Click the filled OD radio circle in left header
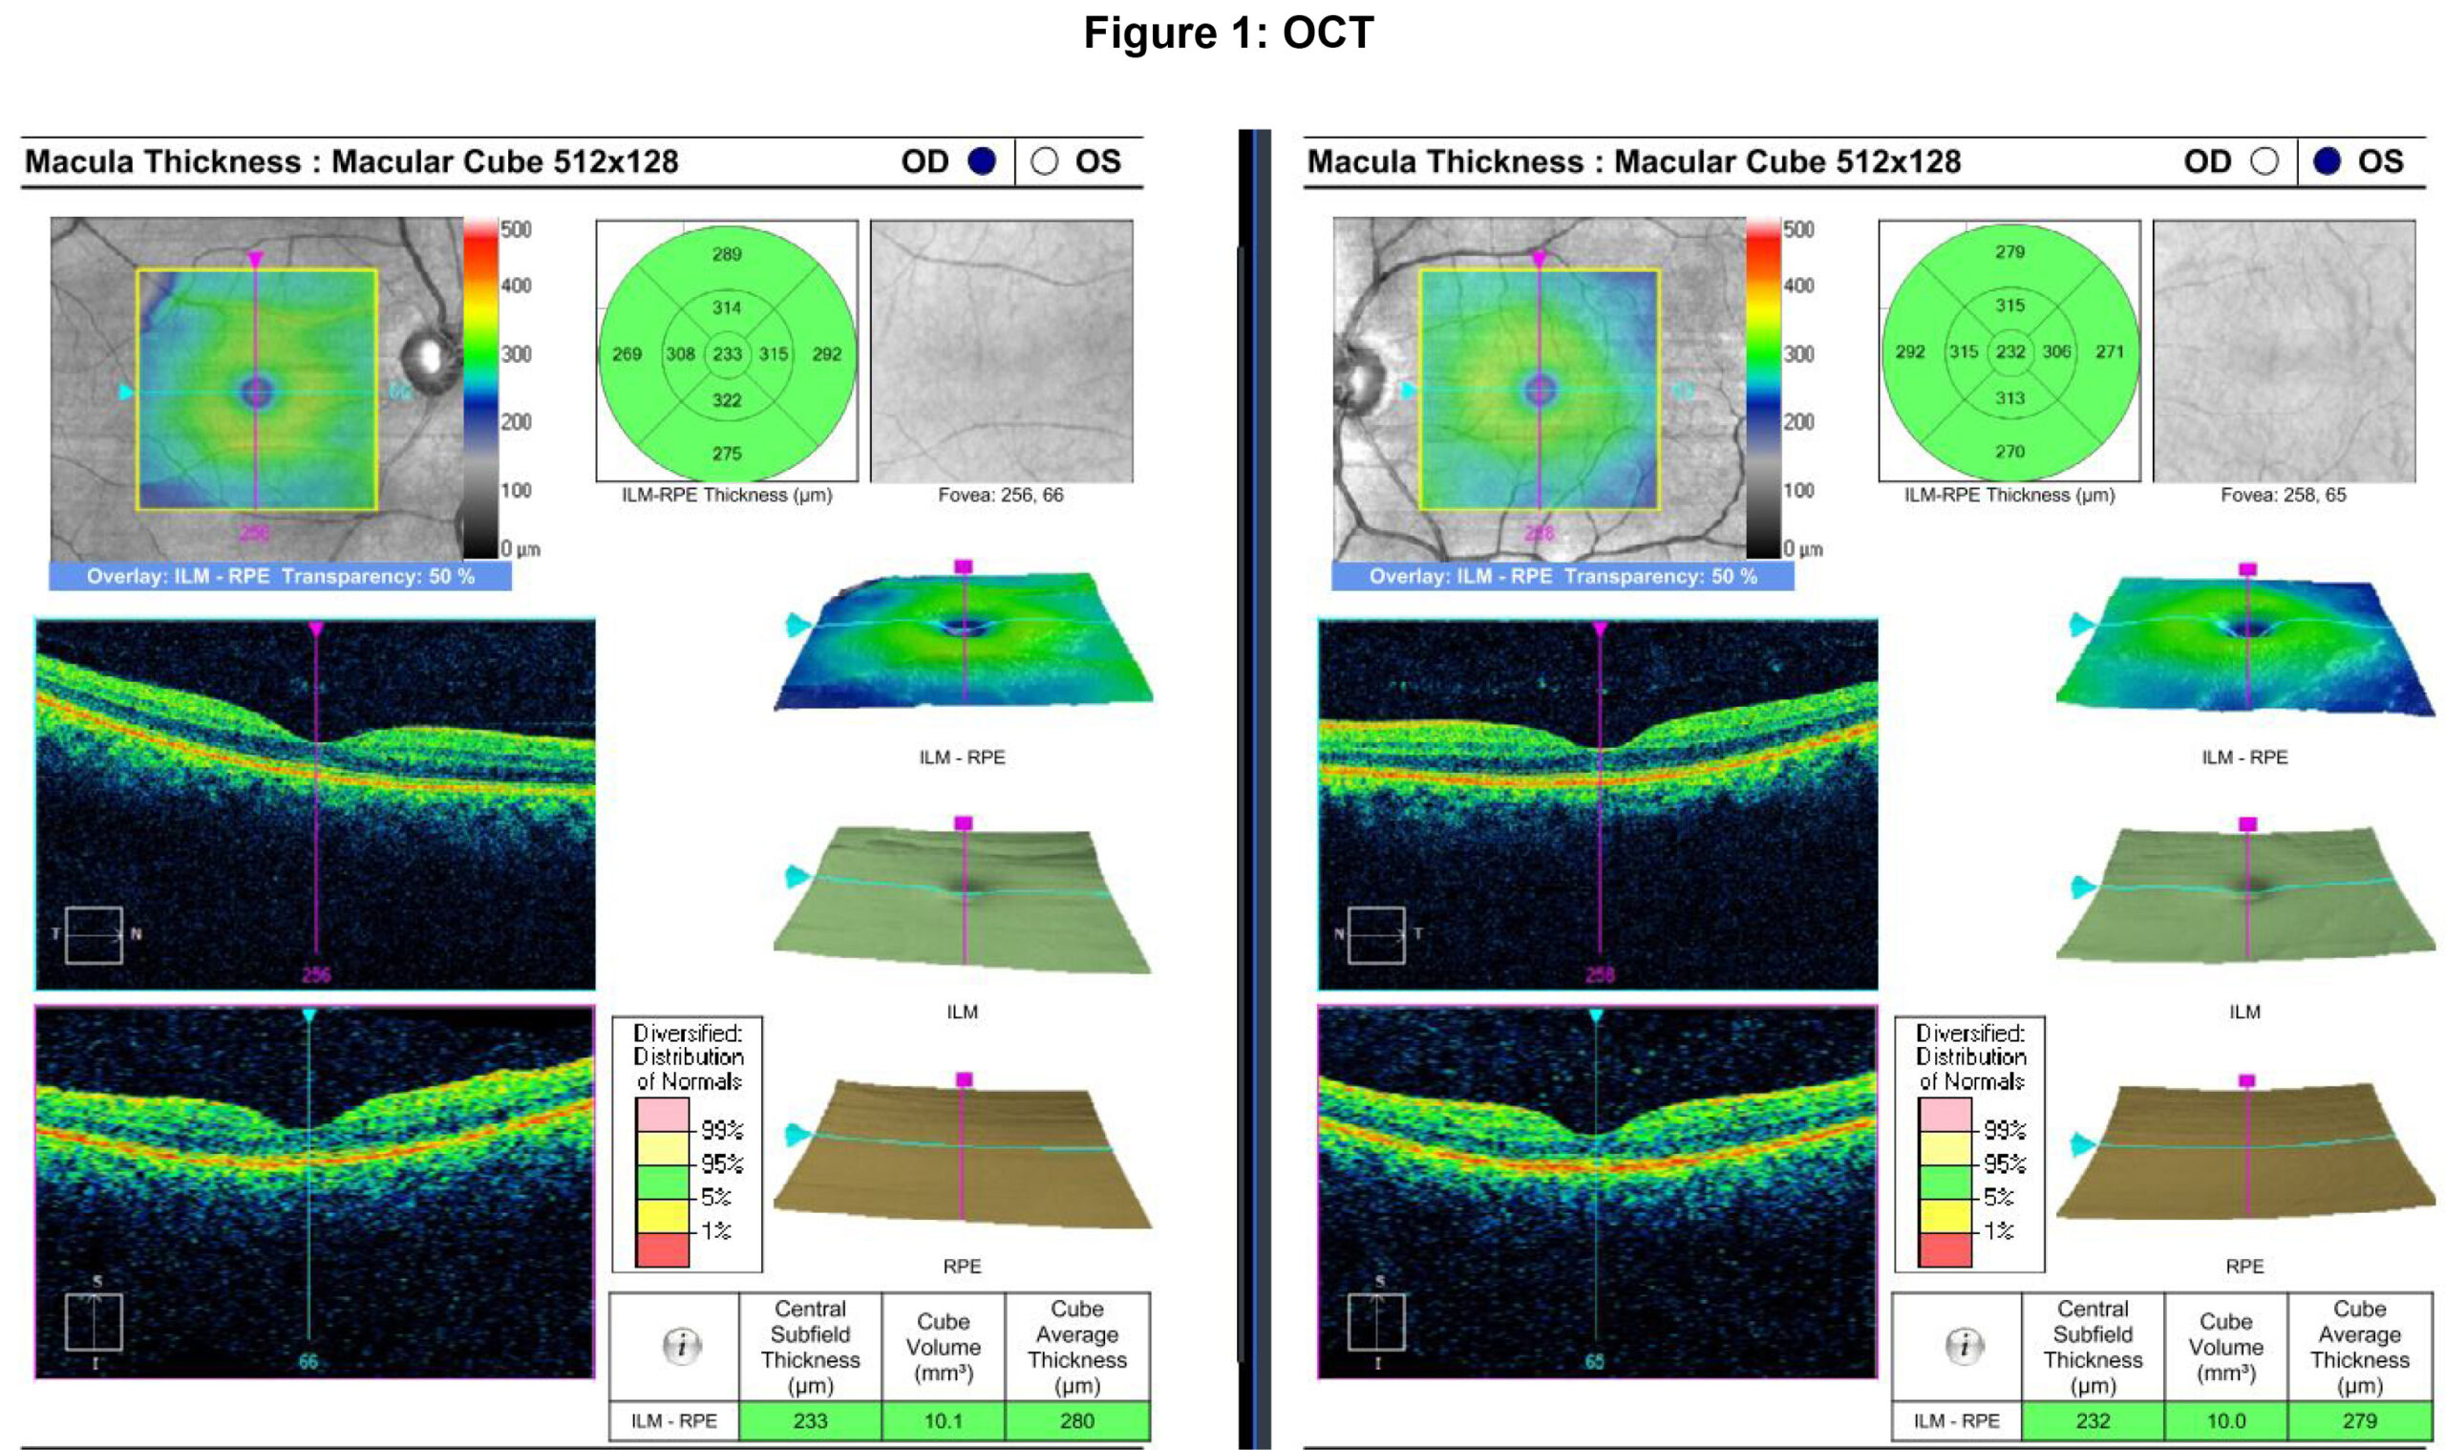(x=981, y=161)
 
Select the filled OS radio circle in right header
(x=2327, y=161)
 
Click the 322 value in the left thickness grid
(x=727, y=400)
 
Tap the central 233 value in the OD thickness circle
(x=727, y=353)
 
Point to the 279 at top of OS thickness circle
(x=2009, y=252)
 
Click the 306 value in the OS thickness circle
(x=2056, y=352)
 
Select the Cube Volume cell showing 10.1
(x=943, y=1420)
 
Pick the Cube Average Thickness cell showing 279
(x=2359, y=1420)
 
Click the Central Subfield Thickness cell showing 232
(x=2093, y=1420)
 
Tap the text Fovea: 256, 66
(x=1000, y=496)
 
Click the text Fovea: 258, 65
(x=2283, y=496)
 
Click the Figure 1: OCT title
(x=1228, y=33)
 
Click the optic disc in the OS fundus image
(x=1358, y=379)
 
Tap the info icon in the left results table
(x=682, y=1347)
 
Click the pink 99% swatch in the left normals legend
(x=661, y=1115)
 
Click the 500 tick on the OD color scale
(x=516, y=230)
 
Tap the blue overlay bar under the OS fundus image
(x=1562, y=577)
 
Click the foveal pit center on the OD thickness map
(x=256, y=392)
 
